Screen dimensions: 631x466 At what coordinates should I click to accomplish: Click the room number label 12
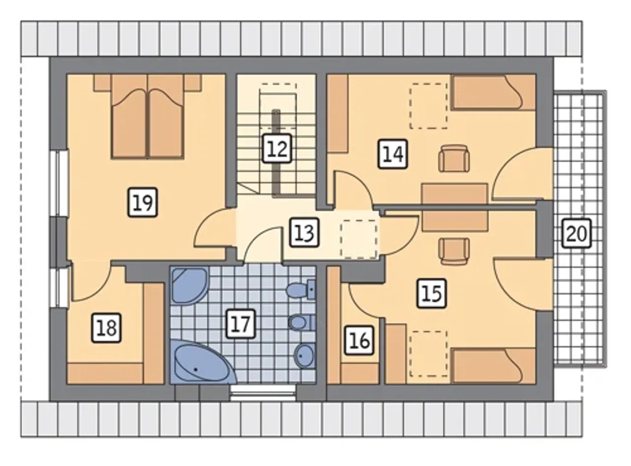pyautogui.click(x=277, y=148)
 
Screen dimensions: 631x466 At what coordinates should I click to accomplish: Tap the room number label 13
pyautogui.click(x=304, y=232)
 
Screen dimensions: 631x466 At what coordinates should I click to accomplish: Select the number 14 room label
pyautogui.click(x=392, y=154)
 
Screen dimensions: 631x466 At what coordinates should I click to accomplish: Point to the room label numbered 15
pyautogui.click(x=431, y=293)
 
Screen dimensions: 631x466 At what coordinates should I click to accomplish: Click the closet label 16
pyautogui.click(x=359, y=340)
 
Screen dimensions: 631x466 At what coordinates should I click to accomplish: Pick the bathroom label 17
pyautogui.click(x=241, y=323)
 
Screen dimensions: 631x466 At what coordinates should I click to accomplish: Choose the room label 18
pyautogui.click(x=106, y=327)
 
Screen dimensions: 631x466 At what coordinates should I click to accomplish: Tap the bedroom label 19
pyautogui.click(x=142, y=202)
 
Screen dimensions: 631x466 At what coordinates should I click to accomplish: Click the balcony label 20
pyautogui.click(x=576, y=233)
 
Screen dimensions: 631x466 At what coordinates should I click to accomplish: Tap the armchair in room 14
pyautogui.click(x=454, y=158)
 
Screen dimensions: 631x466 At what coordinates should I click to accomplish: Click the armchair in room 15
pyautogui.click(x=454, y=251)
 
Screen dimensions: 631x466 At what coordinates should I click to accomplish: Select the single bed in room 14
pyautogui.click(x=493, y=92)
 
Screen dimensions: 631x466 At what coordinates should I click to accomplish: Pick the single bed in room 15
pyautogui.click(x=493, y=366)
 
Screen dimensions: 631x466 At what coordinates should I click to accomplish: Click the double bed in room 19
pyautogui.click(x=147, y=116)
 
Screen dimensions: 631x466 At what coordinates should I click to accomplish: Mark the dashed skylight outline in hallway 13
pyautogui.click(x=359, y=239)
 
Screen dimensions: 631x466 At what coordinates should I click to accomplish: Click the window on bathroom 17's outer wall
pyautogui.click(x=263, y=393)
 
